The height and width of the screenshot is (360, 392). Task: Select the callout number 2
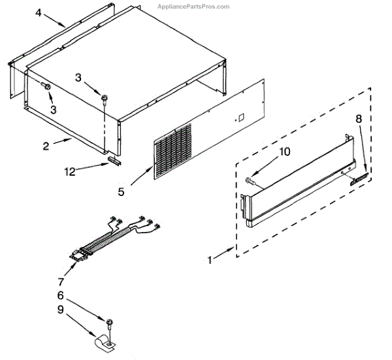[x=46, y=146]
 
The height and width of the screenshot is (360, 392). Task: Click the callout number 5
[x=121, y=191]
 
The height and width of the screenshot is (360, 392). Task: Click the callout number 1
[x=210, y=260]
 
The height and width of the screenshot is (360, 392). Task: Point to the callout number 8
[x=358, y=119]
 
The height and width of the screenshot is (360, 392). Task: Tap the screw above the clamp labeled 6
[x=109, y=323]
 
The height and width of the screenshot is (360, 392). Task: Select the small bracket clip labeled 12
[x=115, y=161]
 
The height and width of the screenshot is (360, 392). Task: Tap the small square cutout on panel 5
[x=240, y=119]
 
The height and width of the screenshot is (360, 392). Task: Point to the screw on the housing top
[x=103, y=98]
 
